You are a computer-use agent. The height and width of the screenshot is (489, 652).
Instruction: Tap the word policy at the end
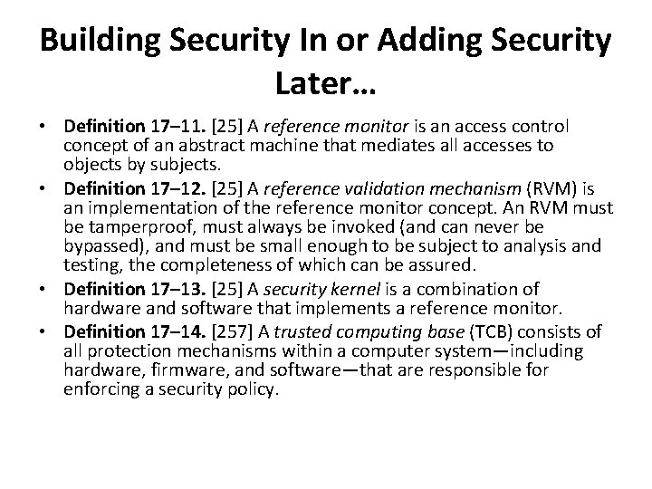point(255,389)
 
